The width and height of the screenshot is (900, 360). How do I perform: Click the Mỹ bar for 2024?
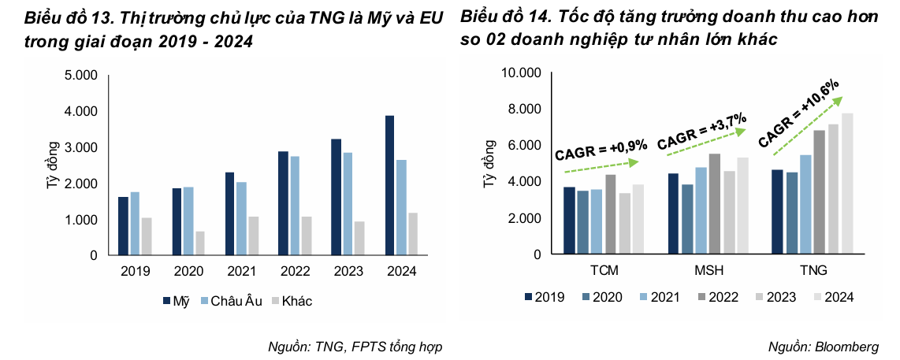(390, 185)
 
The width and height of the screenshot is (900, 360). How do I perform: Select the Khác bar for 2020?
(201, 243)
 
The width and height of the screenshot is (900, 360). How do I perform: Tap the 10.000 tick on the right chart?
(519, 73)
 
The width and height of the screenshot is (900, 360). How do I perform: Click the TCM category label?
(604, 271)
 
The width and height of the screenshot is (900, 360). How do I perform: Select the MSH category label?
(709, 271)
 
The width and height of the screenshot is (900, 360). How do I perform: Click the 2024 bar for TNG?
(846, 184)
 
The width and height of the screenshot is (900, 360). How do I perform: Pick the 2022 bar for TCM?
(611, 214)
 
